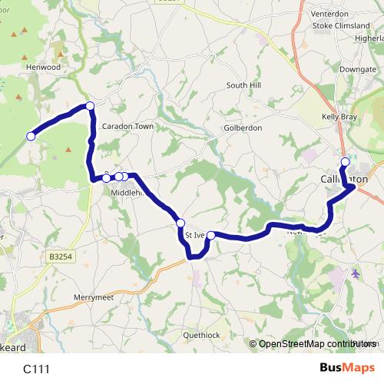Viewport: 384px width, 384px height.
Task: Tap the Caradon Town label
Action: point(128,126)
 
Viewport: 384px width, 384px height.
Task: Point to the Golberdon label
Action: point(243,127)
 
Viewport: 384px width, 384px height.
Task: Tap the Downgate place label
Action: point(358,69)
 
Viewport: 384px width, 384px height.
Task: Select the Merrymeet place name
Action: point(94,296)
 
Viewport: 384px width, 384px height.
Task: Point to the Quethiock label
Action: point(202,336)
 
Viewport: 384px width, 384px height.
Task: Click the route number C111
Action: point(37,369)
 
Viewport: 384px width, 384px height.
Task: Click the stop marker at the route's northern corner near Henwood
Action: point(90,105)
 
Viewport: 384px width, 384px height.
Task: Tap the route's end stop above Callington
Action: point(345,161)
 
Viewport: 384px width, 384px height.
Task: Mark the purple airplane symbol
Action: point(355,273)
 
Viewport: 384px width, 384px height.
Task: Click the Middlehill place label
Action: point(127,193)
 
